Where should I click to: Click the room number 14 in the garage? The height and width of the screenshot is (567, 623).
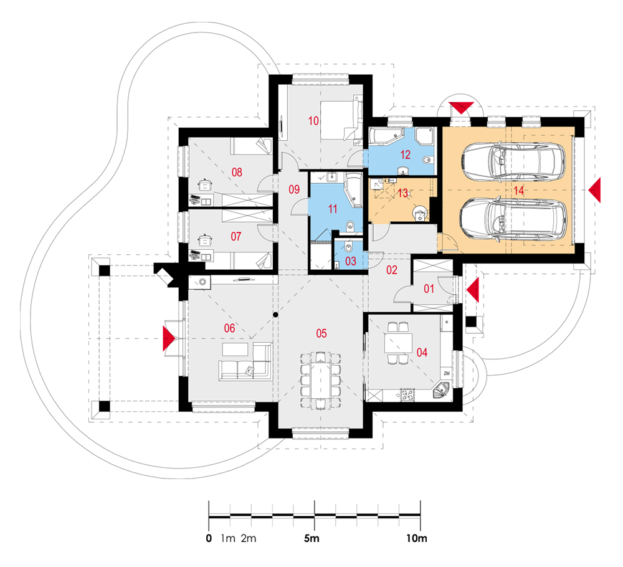[518, 191]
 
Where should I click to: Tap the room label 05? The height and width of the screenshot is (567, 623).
[321, 333]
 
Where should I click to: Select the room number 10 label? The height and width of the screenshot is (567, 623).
[313, 121]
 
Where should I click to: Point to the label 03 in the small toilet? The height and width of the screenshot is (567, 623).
[351, 261]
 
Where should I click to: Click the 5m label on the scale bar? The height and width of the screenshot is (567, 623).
[311, 538]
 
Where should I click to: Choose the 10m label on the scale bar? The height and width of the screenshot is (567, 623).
[416, 538]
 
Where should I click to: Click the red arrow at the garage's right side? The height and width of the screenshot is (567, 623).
[595, 190]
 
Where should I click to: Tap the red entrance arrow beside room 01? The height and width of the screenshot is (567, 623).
[473, 290]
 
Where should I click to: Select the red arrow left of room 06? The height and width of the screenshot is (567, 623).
[168, 338]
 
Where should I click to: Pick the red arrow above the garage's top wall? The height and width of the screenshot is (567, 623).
[461, 108]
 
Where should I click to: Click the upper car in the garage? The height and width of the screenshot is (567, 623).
[513, 162]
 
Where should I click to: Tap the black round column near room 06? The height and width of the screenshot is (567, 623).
[275, 315]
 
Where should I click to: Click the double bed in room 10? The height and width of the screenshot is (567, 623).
[341, 120]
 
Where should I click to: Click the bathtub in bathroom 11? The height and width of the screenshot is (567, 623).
[354, 190]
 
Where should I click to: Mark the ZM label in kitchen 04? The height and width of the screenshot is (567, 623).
[447, 373]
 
